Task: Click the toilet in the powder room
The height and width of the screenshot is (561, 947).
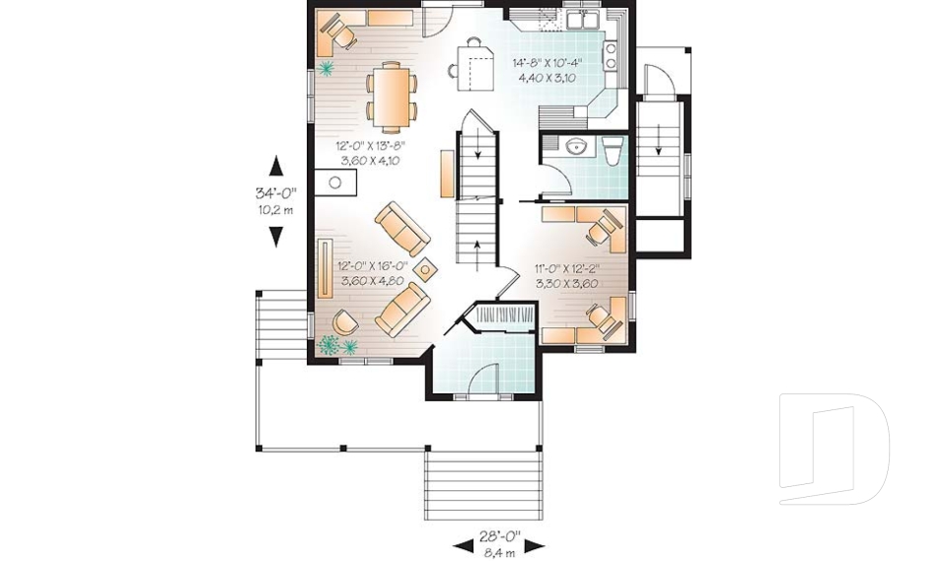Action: [x=611, y=151]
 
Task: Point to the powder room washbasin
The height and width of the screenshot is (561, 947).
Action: [x=576, y=147]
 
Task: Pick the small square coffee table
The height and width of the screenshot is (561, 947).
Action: [x=426, y=268]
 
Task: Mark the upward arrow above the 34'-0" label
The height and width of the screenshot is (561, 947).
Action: [x=276, y=167]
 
